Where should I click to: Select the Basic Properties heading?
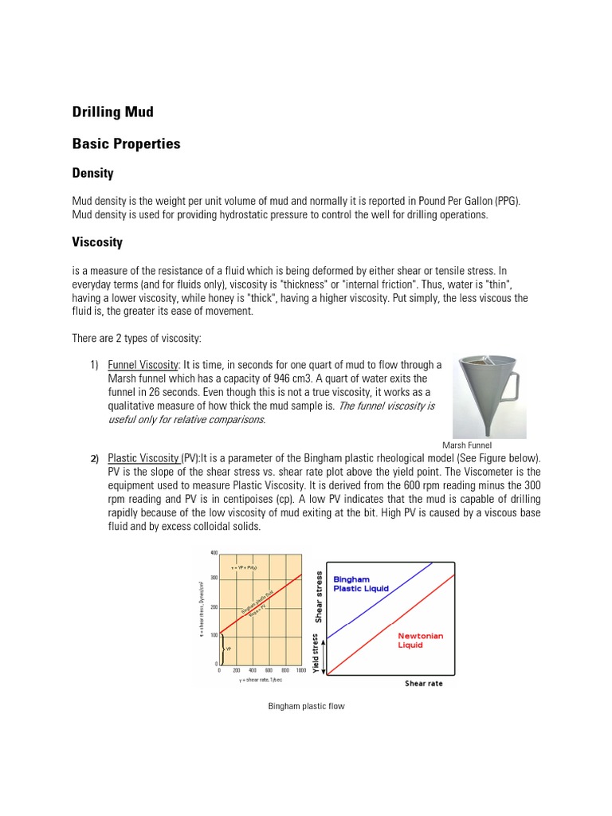tap(126, 144)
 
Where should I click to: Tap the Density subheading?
tap(92, 173)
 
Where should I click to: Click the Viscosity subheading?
tap(97, 241)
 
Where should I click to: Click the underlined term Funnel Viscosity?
tap(143, 365)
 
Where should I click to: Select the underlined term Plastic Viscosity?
tap(143, 458)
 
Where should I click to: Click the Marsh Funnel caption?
tap(468, 445)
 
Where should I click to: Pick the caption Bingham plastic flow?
tap(307, 706)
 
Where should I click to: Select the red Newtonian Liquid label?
tap(421, 641)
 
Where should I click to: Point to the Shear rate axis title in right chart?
tap(423, 684)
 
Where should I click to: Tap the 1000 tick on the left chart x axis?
tap(300, 671)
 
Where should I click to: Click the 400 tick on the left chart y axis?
tap(213, 552)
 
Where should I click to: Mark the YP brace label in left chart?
tap(229, 649)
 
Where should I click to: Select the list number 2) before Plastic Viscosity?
tap(94, 458)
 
